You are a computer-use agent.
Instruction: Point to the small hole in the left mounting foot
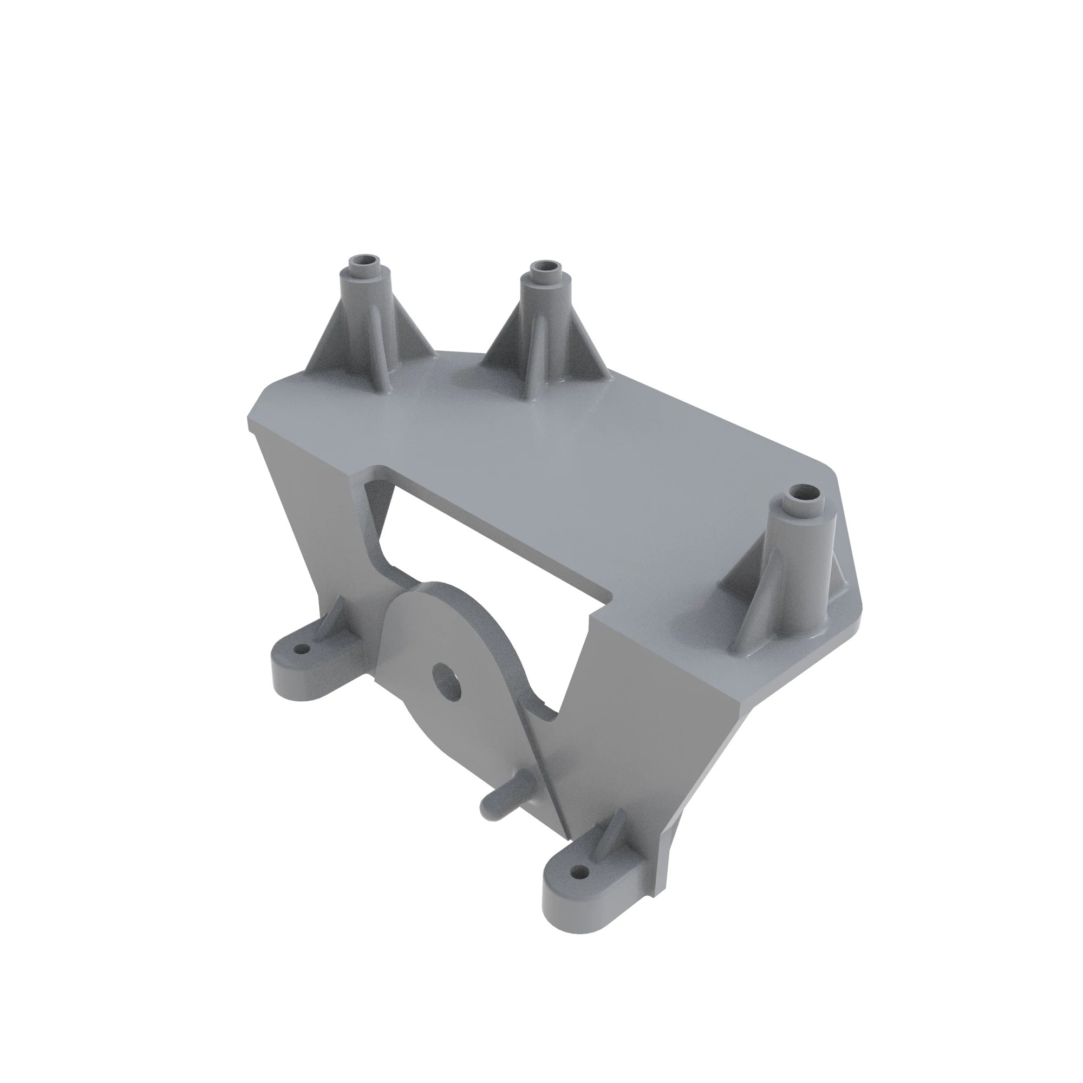click(x=303, y=649)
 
